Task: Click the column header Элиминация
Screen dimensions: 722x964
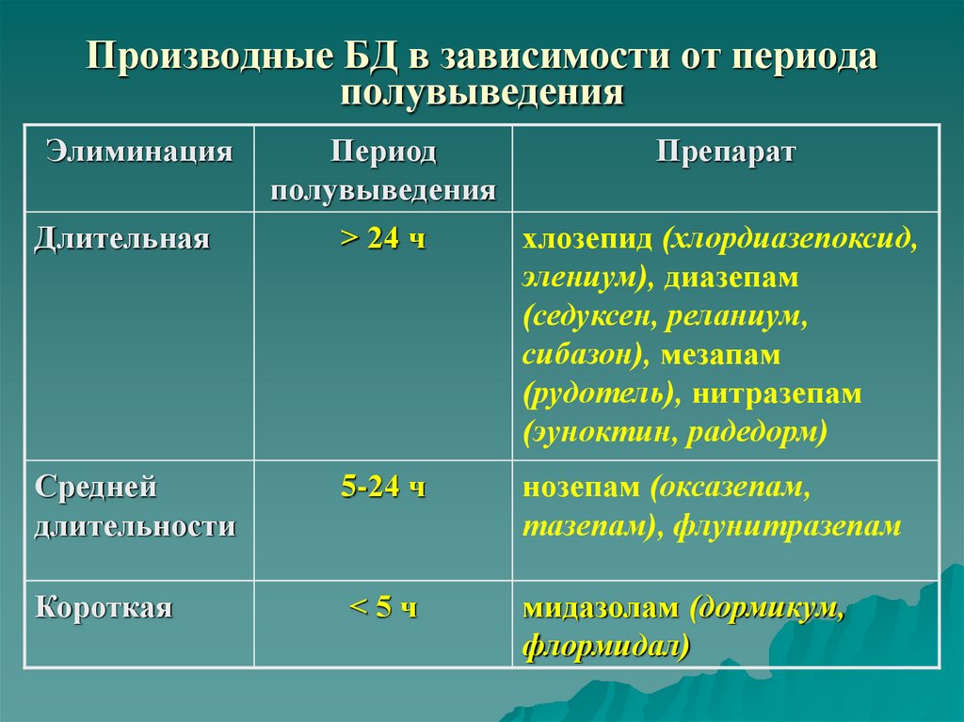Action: pos(140,152)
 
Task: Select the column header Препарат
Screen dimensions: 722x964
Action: pos(725,152)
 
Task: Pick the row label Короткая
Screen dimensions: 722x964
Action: pos(104,607)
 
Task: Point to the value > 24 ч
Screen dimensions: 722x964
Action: pos(382,238)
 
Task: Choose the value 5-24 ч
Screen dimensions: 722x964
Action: pos(382,488)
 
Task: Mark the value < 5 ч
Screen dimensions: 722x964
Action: pos(382,607)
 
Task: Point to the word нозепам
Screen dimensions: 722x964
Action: pos(580,488)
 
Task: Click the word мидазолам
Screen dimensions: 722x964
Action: pos(600,607)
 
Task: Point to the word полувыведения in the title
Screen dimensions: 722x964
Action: pos(482,93)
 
